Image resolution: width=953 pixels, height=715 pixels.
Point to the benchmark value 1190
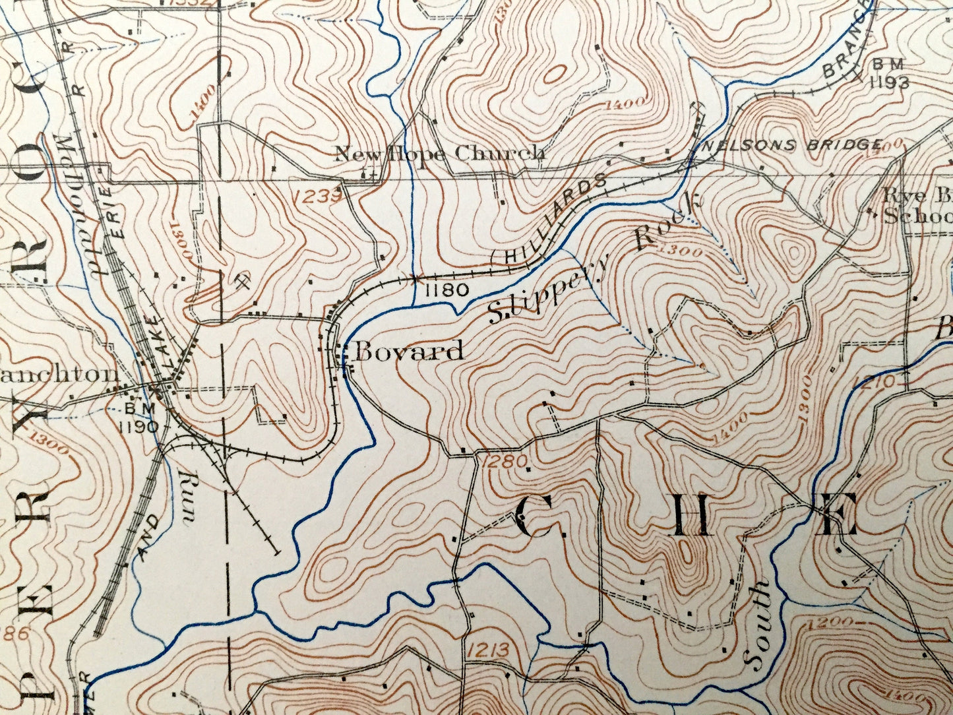pos(139,426)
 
